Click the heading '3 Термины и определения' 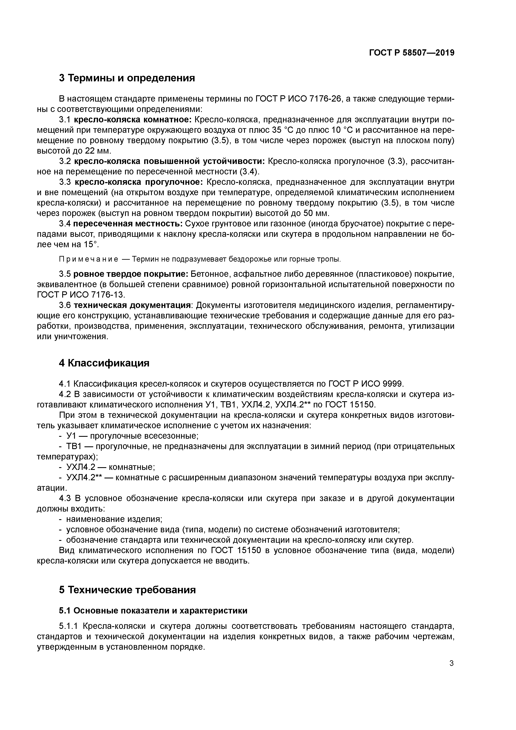(127, 78)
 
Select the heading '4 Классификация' (104, 363)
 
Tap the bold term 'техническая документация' (132, 305)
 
